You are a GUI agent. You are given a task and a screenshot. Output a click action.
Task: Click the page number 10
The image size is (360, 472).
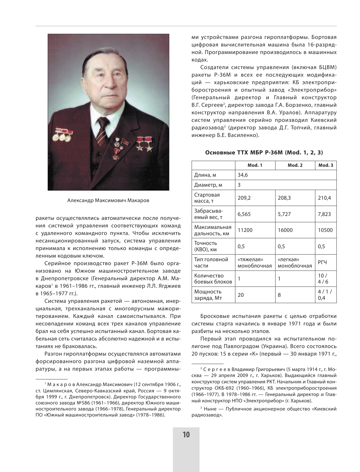click(186, 435)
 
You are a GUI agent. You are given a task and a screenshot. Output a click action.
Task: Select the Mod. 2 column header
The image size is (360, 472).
click(295, 165)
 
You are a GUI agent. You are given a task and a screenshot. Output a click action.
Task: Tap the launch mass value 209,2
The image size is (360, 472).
click(244, 198)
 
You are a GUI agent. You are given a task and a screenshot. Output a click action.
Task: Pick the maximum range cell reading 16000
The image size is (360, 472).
click(285, 230)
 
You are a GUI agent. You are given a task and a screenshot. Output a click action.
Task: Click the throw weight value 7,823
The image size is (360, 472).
click(324, 214)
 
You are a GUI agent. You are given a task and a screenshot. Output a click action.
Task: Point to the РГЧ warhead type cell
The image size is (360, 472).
click(322, 262)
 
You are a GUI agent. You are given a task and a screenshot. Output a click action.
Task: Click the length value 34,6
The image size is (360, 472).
click(243, 175)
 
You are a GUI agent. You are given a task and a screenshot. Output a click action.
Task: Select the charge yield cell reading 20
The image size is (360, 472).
click(241, 295)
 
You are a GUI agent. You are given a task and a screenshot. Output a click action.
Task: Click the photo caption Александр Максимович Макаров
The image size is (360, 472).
click(108, 201)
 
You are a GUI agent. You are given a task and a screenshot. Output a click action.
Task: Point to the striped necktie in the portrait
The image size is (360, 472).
click(101, 133)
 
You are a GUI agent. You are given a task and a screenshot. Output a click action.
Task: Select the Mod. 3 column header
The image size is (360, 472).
click(326, 165)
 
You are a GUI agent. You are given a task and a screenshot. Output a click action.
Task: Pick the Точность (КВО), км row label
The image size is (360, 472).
click(205, 246)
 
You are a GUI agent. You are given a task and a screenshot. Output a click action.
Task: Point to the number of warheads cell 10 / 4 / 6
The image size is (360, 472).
click(323, 279)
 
